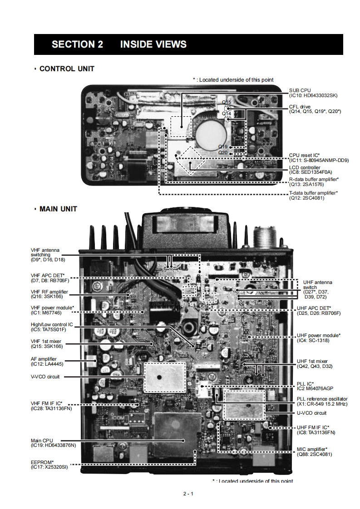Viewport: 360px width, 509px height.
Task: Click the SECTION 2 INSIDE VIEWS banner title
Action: (x=119, y=44)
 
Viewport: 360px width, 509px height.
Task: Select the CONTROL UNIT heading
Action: (x=67, y=69)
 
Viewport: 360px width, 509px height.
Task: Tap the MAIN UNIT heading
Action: (x=58, y=209)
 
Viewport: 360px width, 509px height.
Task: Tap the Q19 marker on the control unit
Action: (x=222, y=147)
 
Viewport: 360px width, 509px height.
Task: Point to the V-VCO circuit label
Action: (x=45, y=377)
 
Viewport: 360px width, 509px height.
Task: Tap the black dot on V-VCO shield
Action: (x=160, y=377)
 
